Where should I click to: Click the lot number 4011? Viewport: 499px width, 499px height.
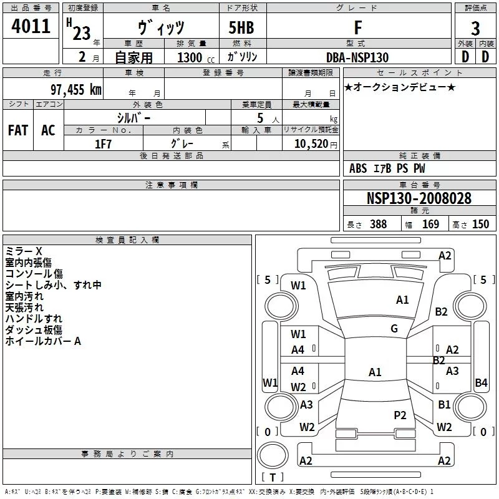tap(31, 26)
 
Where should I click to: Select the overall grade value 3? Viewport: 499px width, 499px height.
tap(475, 29)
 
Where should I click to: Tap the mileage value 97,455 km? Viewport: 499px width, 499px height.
tap(76, 90)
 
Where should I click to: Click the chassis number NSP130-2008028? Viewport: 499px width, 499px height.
tap(419, 198)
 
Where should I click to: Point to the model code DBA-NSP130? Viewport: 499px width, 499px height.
tap(357, 57)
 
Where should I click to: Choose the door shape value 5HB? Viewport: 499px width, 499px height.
tap(241, 27)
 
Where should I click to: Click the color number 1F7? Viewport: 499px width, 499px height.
tap(103, 144)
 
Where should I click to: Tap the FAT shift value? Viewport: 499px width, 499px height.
tap(18, 130)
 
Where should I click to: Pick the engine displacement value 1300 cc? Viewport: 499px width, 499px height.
tap(196, 57)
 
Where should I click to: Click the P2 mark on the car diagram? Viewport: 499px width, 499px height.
tap(400, 415)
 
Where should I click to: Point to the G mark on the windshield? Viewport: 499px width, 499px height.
tap(394, 329)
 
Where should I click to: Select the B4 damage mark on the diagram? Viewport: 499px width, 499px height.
tap(481, 382)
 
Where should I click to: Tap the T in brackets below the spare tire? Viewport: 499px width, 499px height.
tap(273, 477)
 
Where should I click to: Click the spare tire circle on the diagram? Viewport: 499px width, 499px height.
tap(273, 455)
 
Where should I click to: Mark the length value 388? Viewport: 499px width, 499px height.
tap(378, 224)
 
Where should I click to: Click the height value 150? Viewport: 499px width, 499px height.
tap(480, 224)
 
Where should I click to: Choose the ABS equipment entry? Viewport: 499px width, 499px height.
tap(358, 168)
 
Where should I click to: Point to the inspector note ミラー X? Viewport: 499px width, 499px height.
tap(24, 251)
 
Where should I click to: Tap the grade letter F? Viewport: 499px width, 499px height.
tap(358, 27)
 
